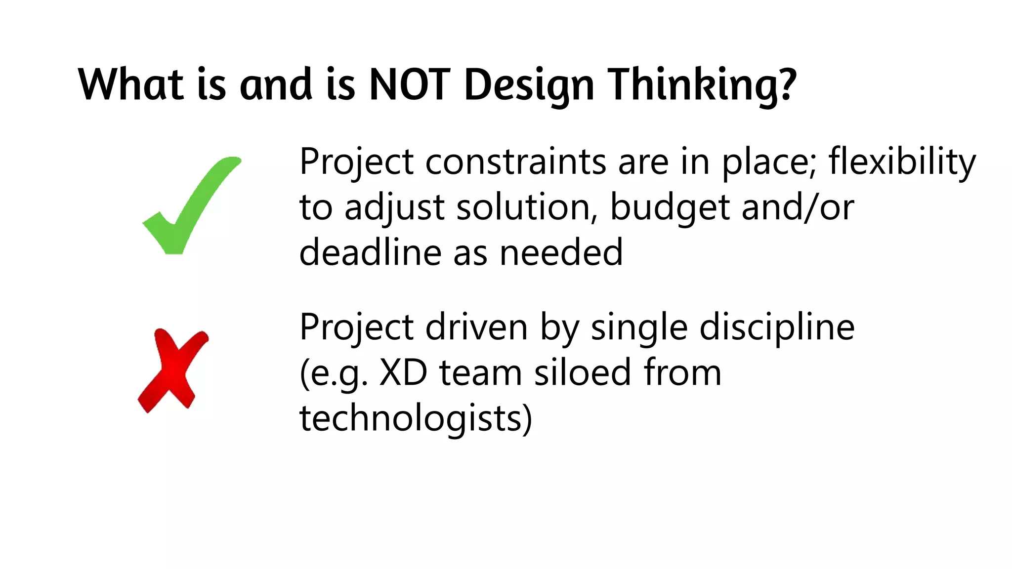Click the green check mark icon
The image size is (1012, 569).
coord(190,205)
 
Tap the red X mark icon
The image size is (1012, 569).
coord(173,370)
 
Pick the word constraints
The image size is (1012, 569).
coord(515,162)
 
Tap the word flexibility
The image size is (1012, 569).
coord(902,162)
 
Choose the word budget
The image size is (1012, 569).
coord(670,207)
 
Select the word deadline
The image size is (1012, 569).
coord(370,252)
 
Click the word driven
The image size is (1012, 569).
coord(476,327)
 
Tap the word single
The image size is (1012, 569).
coord(639,328)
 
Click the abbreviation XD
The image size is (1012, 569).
coord(403,372)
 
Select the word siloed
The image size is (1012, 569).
coord(583,372)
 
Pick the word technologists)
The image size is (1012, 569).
coord(416,419)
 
